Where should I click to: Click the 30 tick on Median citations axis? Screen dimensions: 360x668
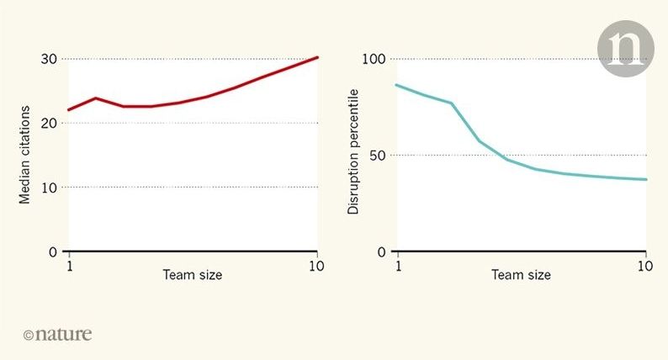[x=47, y=59]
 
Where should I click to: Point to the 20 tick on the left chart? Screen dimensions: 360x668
[x=47, y=123]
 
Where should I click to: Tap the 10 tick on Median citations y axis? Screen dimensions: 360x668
[x=47, y=187]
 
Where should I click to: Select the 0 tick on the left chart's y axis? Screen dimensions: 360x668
[x=51, y=251]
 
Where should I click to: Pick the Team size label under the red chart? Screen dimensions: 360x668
[x=193, y=275]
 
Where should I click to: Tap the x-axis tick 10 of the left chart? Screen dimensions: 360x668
[x=316, y=265]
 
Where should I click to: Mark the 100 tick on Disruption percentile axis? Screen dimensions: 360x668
[x=373, y=59]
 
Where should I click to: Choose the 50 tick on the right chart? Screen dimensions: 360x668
[x=377, y=156]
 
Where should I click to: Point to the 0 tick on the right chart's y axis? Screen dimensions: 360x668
[x=381, y=251]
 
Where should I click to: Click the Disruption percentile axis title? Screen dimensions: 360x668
[x=354, y=151]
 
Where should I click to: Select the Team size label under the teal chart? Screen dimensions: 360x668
[x=522, y=275]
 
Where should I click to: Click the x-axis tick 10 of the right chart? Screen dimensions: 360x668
[x=645, y=265]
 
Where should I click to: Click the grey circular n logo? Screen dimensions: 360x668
[x=626, y=50]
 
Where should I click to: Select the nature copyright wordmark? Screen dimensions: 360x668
[x=58, y=334]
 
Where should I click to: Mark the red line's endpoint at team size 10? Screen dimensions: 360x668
[x=317, y=57]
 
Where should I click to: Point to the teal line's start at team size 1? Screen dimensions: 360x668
[x=397, y=85]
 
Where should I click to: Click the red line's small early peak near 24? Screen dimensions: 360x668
[x=96, y=98]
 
